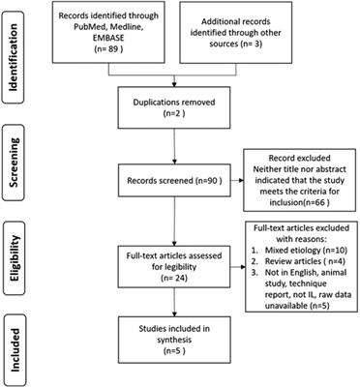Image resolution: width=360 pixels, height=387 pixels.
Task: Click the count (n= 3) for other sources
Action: (257, 49)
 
